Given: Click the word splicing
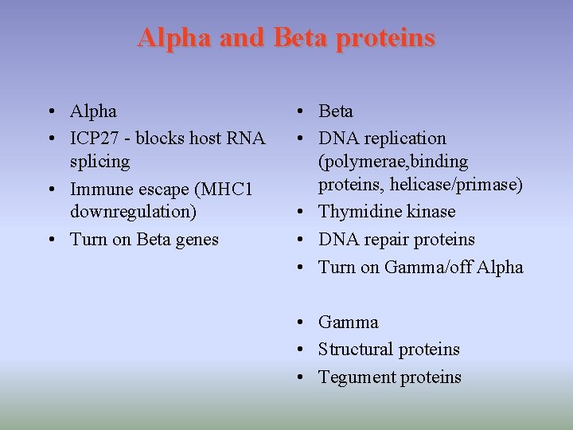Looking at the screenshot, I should (x=100, y=162).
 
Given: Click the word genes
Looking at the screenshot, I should (x=195, y=240).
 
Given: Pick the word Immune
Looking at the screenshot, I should (x=101, y=190).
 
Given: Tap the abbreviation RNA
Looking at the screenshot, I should (x=246, y=138).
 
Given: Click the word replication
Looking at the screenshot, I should (x=407, y=139).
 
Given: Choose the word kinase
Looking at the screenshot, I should (x=428, y=212).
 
